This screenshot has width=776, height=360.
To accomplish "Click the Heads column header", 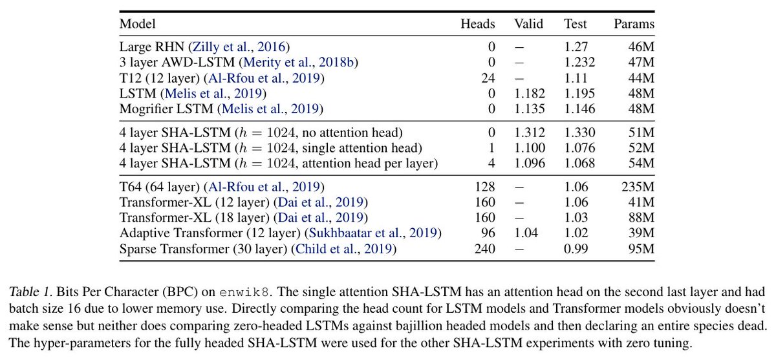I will click(x=477, y=24).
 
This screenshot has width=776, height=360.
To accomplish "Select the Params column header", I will click(x=634, y=24).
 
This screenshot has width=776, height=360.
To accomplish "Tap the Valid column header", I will click(x=529, y=24).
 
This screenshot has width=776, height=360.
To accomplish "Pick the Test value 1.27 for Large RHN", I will click(x=575, y=47).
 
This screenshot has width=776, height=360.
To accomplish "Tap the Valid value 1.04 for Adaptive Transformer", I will click(x=528, y=233).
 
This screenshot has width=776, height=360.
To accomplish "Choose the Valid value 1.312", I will click(x=529, y=132).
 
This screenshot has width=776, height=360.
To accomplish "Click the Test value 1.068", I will click(x=579, y=164).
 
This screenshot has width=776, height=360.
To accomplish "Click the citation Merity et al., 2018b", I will click(x=298, y=63).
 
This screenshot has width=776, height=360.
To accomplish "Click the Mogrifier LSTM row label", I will click(x=167, y=109).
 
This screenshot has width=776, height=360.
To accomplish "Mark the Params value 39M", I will click(x=640, y=233).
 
